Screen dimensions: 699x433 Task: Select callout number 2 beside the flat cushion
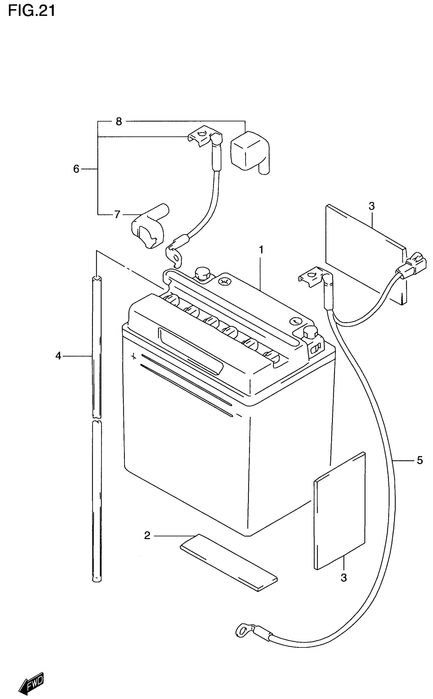(147, 535)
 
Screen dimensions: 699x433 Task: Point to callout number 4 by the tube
(58, 356)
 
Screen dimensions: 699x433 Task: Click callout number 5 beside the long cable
(420, 460)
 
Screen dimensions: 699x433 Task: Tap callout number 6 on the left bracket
(76, 169)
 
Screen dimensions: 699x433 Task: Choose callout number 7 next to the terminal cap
(117, 214)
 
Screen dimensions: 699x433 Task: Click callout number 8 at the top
(119, 122)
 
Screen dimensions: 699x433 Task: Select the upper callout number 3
(371, 206)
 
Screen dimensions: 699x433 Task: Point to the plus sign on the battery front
(133, 357)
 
